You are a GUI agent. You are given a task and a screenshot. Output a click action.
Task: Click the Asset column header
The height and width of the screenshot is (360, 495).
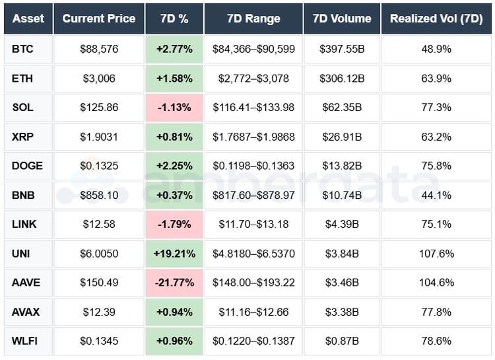coord(28,18)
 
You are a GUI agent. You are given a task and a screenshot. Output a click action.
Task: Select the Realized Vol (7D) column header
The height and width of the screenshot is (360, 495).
coord(436,18)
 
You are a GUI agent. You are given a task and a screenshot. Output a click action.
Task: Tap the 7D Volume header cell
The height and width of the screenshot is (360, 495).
coord(342,18)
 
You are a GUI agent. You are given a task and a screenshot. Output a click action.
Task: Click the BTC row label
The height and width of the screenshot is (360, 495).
coord(22,50)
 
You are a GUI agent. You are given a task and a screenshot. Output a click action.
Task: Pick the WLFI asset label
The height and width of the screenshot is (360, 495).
coord(25,341)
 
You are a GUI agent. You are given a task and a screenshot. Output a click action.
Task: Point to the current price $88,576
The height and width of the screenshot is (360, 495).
coord(99,50)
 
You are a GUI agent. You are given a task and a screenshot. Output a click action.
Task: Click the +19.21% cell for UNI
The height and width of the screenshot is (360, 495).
coord(174,254)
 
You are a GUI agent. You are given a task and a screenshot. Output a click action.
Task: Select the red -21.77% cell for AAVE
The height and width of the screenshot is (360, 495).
coord(174,283)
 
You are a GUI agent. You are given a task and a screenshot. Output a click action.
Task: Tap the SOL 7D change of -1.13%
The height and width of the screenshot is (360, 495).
coord(174,108)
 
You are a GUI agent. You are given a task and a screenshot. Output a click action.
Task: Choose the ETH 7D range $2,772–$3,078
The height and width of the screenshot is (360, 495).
coord(253,79)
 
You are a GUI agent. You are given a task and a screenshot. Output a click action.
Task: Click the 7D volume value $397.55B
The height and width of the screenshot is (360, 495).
coord(342,50)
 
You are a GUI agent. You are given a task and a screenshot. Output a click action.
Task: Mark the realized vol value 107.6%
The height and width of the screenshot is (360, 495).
coord(436,254)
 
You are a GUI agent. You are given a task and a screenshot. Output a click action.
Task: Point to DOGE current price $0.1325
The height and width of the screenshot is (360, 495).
coord(99,166)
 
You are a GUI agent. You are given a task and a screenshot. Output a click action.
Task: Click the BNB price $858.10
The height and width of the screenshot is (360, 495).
coord(99,196)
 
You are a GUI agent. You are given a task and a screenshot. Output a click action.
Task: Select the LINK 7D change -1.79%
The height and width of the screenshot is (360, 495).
coord(174,225)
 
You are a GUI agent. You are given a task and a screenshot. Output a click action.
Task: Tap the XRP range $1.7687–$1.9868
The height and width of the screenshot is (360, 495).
coord(253,137)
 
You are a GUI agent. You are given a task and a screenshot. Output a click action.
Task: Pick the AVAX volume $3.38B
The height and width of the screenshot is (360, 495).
coord(342,312)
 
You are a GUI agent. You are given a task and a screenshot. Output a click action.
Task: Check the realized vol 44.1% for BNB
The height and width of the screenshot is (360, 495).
coord(436,196)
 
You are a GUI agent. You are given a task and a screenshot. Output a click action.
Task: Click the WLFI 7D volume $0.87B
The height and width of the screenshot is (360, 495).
coord(342,341)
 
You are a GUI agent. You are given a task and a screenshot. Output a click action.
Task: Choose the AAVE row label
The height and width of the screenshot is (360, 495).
coord(26,283)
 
